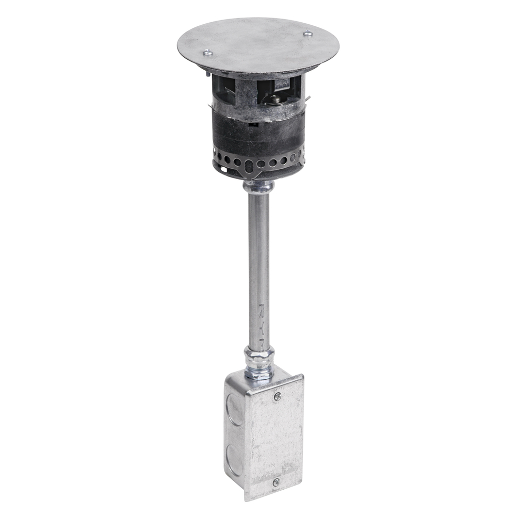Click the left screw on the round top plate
coord(207,52)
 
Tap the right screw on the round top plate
coord(308,34)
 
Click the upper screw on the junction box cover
coord(277,396)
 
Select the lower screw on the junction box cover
coord(276,482)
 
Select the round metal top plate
coord(258,44)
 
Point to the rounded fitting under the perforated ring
coord(259,187)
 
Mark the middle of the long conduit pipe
coord(259,268)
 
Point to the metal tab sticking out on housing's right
coord(308,99)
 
